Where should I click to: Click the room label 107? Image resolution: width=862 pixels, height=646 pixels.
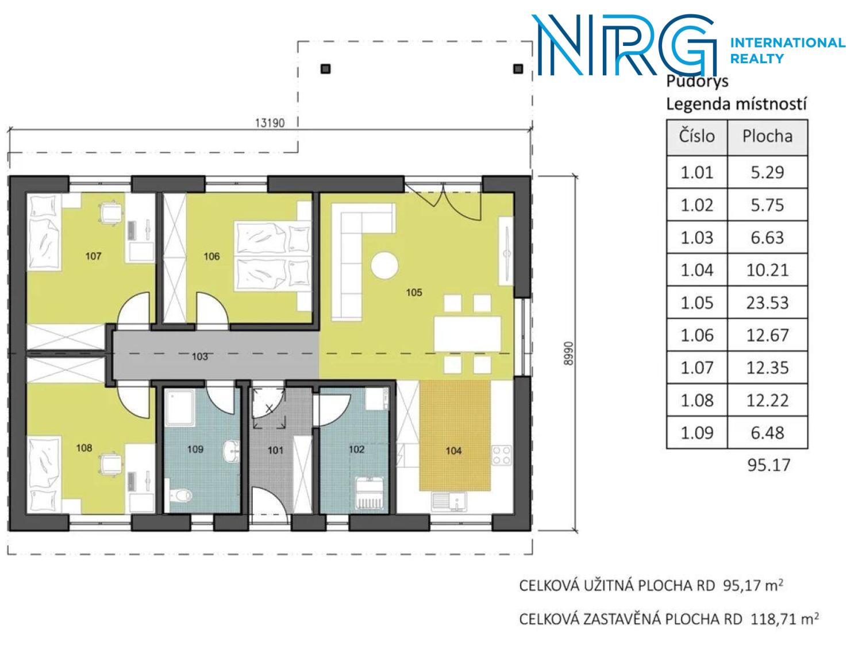click(x=93, y=257)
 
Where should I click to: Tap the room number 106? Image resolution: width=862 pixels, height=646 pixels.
click(x=211, y=257)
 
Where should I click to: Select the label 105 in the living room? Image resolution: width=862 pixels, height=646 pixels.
click(x=414, y=292)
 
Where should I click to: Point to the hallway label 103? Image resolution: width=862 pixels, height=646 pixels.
click(x=200, y=357)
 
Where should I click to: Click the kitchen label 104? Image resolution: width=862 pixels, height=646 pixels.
click(x=453, y=451)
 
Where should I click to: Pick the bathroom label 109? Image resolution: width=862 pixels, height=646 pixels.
click(x=195, y=449)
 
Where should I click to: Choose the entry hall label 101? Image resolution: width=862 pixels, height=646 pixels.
click(x=275, y=450)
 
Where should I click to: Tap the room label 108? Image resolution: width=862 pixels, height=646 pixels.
click(x=84, y=448)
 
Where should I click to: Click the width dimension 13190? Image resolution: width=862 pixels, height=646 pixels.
click(x=270, y=123)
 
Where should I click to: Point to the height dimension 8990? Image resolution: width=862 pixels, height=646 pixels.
click(x=568, y=353)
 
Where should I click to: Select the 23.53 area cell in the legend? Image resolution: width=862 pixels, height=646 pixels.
click(x=767, y=303)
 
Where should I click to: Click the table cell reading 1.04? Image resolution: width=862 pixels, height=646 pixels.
click(x=696, y=270)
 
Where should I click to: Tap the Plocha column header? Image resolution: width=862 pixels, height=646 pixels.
click(x=767, y=137)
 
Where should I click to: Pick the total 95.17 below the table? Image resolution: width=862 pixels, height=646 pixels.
click(x=768, y=465)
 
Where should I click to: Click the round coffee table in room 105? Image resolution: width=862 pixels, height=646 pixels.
click(x=384, y=266)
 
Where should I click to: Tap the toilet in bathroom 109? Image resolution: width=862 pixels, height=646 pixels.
click(x=179, y=496)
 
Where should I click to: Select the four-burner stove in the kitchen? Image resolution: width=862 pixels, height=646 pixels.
click(x=502, y=455)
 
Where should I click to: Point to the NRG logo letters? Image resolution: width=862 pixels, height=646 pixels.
click(x=625, y=45)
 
